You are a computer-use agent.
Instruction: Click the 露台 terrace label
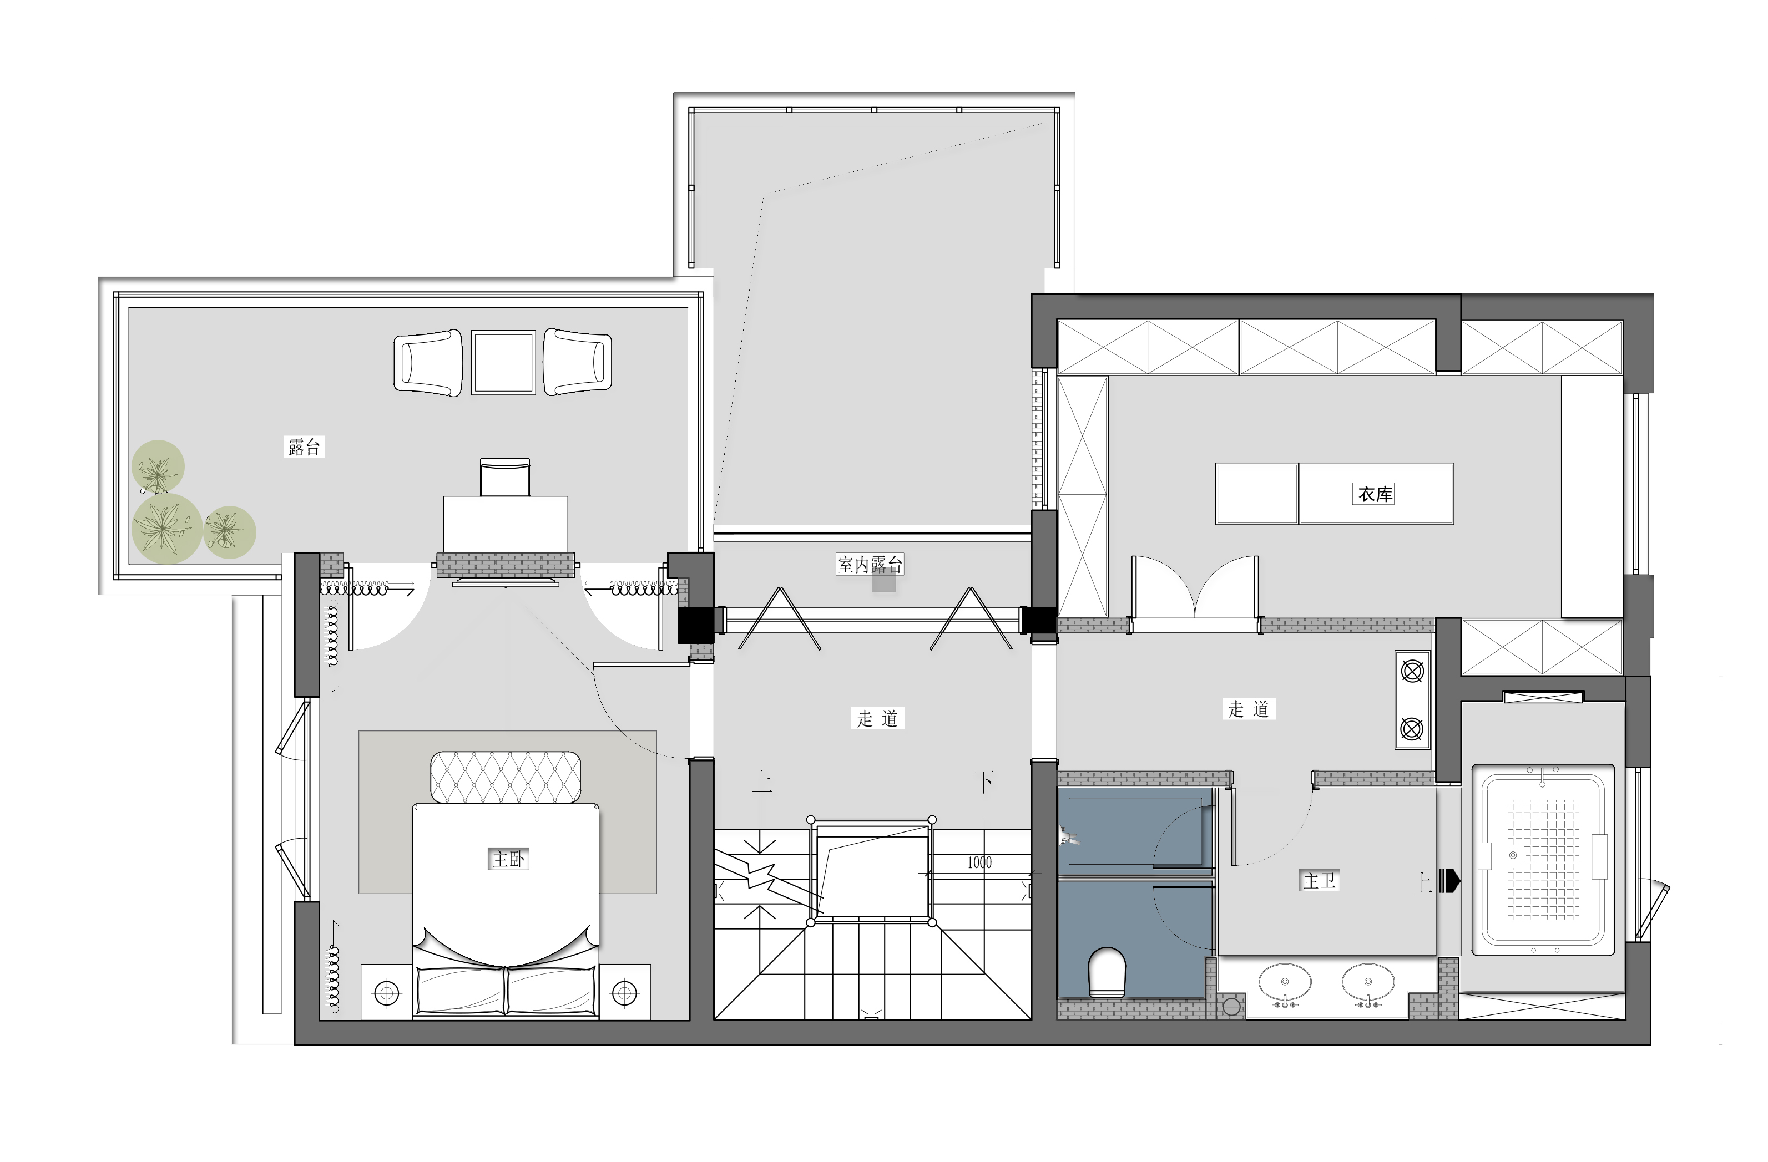(x=305, y=446)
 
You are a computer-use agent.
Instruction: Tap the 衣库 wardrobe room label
(x=1375, y=494)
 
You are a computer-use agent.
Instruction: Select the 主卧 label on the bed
(x=509, y=859)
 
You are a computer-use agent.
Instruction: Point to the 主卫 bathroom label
(x=1320, y=881)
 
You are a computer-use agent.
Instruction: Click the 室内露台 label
(x=870, y=564)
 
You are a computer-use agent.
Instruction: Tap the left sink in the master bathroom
(x=1285, y=982)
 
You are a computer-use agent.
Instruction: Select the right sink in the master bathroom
(x=1368, y=982)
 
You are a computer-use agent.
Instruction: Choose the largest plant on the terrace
(x=167, y=528)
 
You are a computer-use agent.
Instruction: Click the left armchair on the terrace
(x=428, y=362)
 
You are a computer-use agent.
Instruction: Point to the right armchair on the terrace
(x=578, y=362)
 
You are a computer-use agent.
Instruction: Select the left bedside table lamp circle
(x=386, y=992)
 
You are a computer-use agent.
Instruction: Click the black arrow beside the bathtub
(x=1450, y=881)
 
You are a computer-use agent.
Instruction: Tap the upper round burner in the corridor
(x=1412, y=672)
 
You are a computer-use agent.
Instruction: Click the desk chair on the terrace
(x=505, y=476)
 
